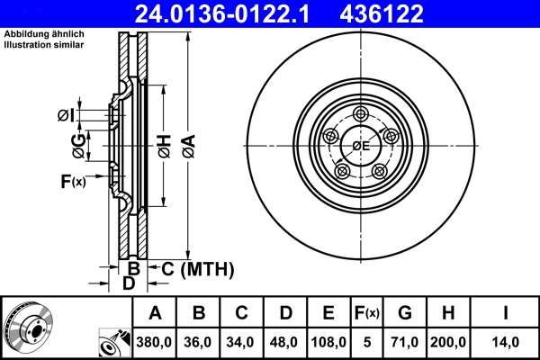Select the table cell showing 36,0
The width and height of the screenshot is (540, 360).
coord(199,342)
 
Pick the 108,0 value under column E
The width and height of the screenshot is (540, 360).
coord(328,342)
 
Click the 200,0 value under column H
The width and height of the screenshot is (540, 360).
coord(449,342)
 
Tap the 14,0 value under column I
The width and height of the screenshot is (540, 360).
coord(505,342)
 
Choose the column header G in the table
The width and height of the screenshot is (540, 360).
coord(405,313)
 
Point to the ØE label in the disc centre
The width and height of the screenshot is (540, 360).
coord(361,146)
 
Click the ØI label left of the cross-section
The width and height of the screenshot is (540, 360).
coord(65,114)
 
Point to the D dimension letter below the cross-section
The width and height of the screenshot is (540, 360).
coord(129,283)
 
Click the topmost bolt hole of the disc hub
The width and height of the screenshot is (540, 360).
coord(362,113)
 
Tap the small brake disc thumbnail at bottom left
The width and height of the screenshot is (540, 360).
coord(27,327)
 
